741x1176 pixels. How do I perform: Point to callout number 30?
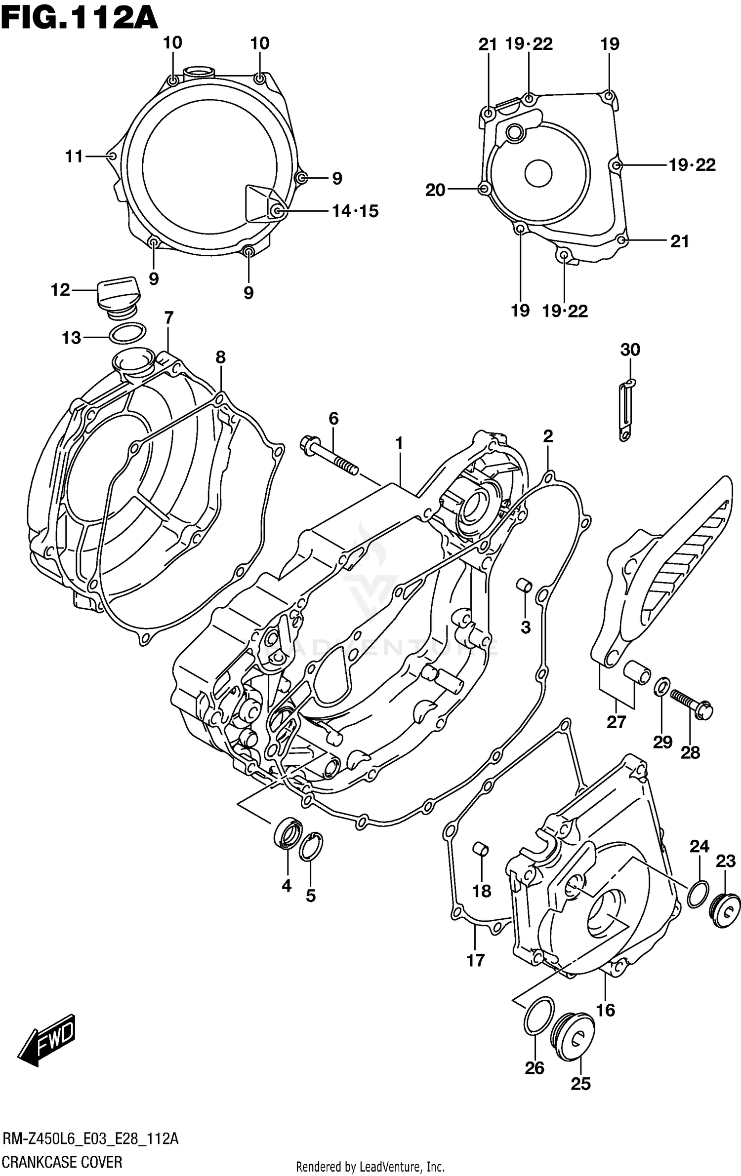630,350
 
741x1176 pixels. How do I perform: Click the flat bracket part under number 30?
625,409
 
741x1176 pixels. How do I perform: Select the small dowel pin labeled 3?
524,585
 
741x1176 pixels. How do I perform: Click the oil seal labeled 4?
288,834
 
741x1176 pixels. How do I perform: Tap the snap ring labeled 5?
311,846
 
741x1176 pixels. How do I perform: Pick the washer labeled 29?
662,687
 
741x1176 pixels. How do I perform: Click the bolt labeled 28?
692,703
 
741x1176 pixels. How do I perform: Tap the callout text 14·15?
355,211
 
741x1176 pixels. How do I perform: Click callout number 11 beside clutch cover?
74,157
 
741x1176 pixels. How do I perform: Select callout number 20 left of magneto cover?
435,190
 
